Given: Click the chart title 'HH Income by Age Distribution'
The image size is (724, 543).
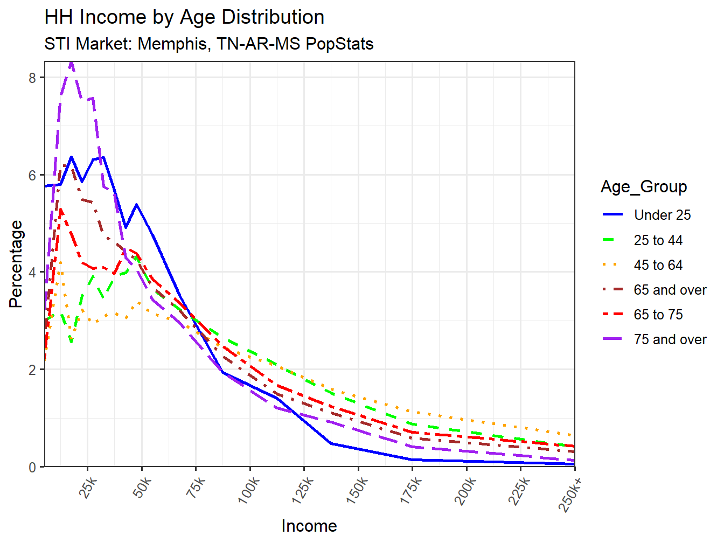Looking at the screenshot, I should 184,17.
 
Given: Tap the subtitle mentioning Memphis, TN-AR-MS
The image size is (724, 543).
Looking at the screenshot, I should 209,44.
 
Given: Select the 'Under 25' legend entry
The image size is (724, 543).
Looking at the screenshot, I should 662,215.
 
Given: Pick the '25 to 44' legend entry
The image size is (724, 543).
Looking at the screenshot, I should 658,240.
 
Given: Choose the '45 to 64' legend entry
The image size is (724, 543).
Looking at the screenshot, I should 658,265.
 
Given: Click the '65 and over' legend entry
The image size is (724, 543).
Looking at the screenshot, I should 670,290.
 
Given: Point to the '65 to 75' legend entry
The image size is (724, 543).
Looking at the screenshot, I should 658,315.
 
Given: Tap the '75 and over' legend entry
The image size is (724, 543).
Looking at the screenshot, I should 670,339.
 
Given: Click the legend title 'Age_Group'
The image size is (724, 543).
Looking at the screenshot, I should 644,187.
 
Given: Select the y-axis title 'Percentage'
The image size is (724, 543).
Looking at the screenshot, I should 16,264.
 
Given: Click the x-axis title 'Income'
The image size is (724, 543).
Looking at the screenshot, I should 309,526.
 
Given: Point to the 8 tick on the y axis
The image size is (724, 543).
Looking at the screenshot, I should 32,78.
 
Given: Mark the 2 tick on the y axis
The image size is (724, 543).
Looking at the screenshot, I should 32,370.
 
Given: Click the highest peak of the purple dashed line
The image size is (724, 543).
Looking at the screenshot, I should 71,64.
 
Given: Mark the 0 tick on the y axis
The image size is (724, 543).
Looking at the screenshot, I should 32,467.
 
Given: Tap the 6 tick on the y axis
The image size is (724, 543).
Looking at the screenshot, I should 32,176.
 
